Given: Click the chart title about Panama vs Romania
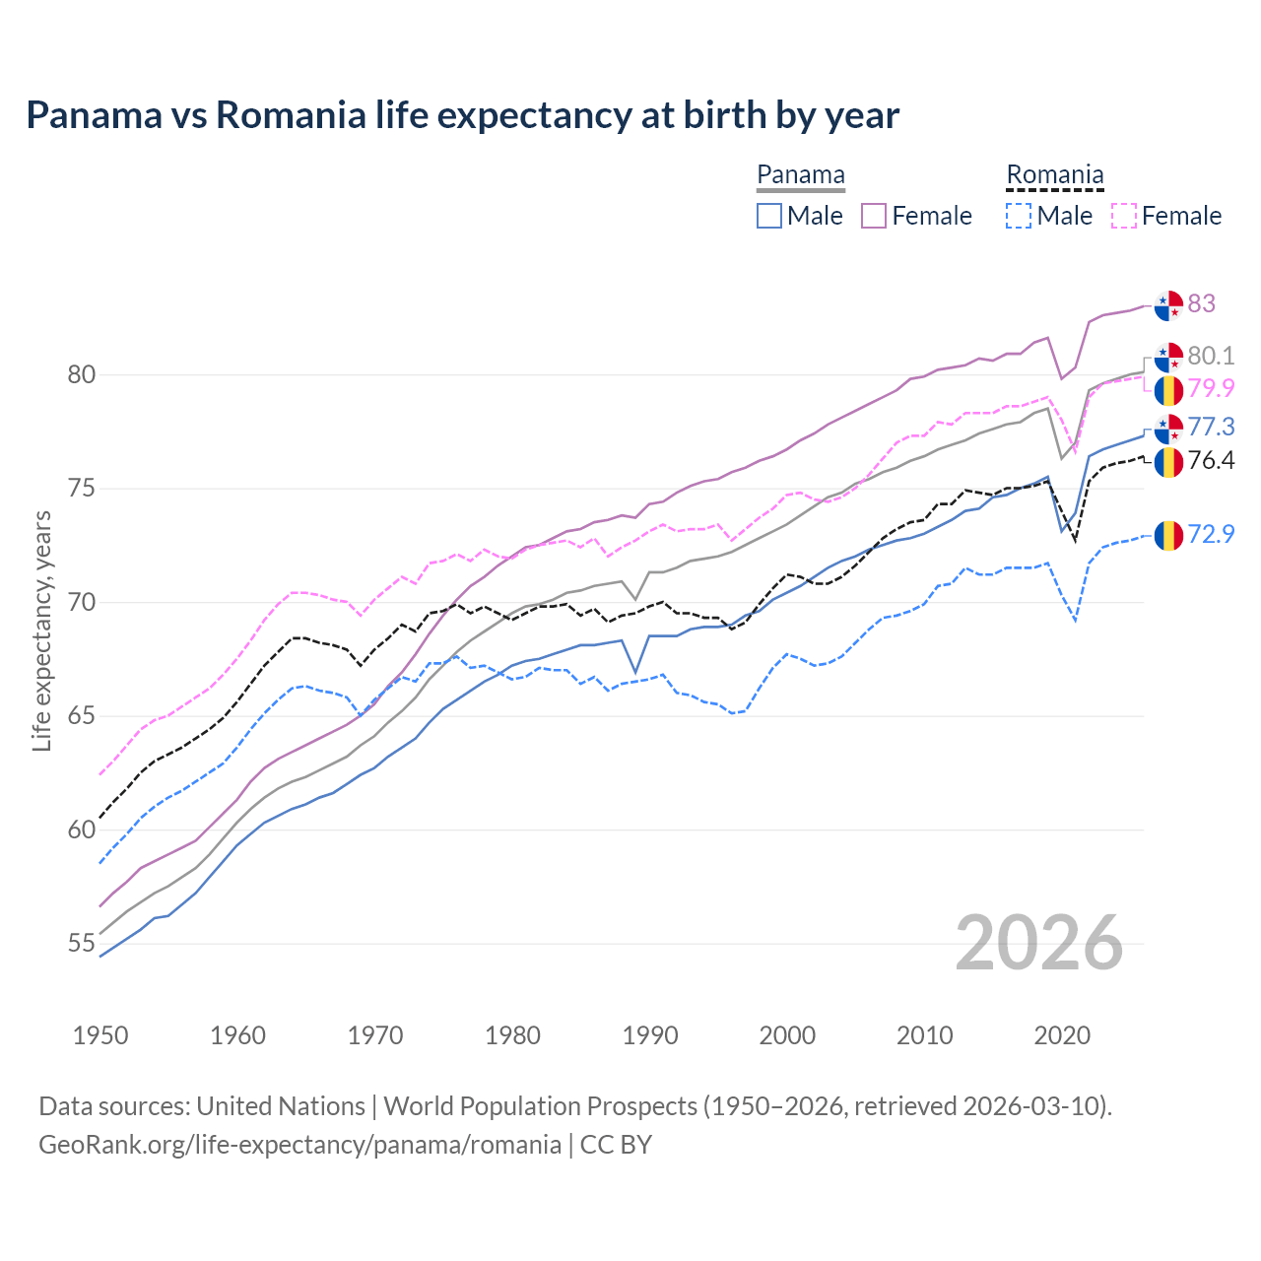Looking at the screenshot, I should coord(462,115).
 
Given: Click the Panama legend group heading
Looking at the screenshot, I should coord(800,175).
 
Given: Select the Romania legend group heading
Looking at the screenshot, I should coord(1054,175).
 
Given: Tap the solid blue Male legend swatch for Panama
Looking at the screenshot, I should coord(769,216).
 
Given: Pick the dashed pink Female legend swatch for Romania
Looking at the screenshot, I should coord(1124,216).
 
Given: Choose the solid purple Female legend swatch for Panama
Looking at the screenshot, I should coord(875,216).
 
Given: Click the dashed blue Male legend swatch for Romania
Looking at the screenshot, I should coord(1020,216).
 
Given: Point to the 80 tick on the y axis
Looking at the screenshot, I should coord(81,374).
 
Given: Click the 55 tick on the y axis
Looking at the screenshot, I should coord(81,944).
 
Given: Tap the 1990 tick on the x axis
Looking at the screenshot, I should coord(650,1035).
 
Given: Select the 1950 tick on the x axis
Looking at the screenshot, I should coord(100,1035).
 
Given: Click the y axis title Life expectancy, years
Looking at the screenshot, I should coord(41,630).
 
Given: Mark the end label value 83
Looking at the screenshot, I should coord(1201,303).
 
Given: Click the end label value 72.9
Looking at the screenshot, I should coord(1211,534).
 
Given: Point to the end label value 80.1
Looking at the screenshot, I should coord(1211,356).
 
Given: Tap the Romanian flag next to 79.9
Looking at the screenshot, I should coord(1168,390).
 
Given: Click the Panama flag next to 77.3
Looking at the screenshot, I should coord(1168,429).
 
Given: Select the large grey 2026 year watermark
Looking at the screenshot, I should coord(1038,943).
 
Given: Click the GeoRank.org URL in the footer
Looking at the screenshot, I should coord(299,1145).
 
